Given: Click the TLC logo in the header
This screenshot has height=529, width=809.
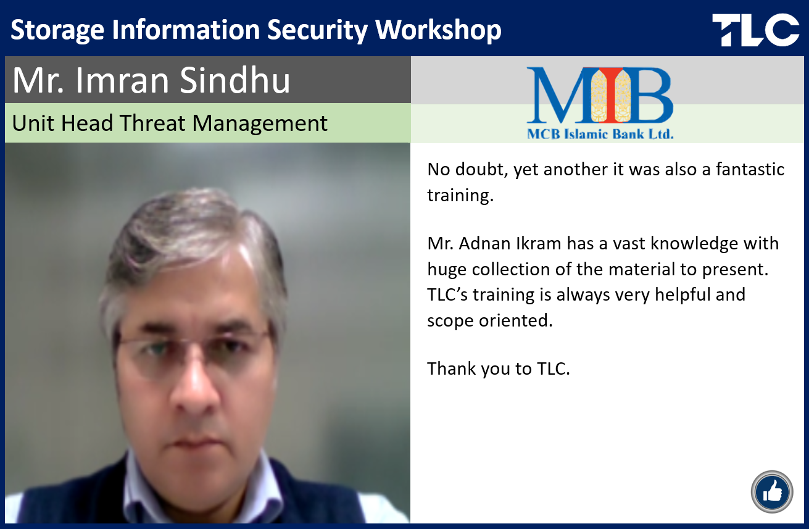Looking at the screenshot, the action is pos(755,30).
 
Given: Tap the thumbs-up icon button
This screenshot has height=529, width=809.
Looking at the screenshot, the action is pos(772,491).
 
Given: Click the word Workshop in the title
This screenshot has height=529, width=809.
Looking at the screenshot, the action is pos(439,30).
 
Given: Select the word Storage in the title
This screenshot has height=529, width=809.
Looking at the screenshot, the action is pos(57,31).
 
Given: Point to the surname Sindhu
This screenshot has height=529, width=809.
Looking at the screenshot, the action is pos(234,80).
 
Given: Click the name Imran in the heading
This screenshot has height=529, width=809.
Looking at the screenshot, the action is pos(122,80).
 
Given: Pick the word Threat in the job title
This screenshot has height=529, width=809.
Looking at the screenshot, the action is pos(152,123).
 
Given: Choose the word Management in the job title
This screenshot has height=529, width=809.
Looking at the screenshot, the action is pos(260,123).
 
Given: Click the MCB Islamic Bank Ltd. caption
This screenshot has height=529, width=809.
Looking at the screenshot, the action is pos(600,134).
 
